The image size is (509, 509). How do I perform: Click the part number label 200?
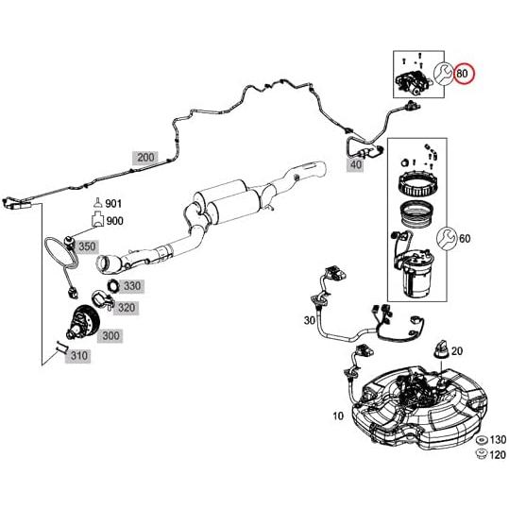point(144,157)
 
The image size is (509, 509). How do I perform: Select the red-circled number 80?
point(464,73)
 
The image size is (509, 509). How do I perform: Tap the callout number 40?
point(355,164)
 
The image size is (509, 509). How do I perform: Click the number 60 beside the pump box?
point(465,238)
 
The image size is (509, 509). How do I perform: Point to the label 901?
point(114,203)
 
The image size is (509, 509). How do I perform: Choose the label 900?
point(114,221)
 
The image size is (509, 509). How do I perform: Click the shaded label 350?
point(87,246)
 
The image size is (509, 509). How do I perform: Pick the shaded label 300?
point(110,335)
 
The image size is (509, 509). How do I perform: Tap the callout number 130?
point(498,441)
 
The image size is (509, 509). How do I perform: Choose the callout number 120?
point(498,455)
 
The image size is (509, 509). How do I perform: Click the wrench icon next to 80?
point(441,73)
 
